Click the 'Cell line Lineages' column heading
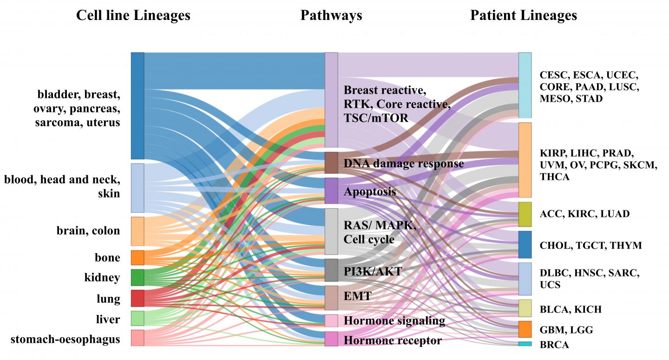click(x=133, y=15)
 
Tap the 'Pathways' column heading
click(x=331, y=15)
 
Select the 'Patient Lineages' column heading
click(x=524, y=15)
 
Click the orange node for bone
click(x=138, y=257)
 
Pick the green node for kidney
click(x=138, y=277)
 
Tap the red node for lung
click(x=138, y=298)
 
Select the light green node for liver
click(x=138, y=319)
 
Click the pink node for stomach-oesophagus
click(x=138, y=338)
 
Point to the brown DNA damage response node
click(x=331, y=163)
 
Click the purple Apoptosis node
click(x=331, y=190)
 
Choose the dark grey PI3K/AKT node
click(x=331, y=270)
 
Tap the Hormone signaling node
click(x=331, y=321)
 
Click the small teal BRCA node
click(x=525, y=344)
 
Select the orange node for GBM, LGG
click(x=525, y=329)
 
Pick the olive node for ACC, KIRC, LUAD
click(x=525, y=214)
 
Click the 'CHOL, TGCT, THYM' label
click(x=590, y=245)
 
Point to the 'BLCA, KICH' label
click(x=571, y=309)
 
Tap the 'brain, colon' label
click(x=88, y=231)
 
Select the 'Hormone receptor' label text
click(x=393, y=340)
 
